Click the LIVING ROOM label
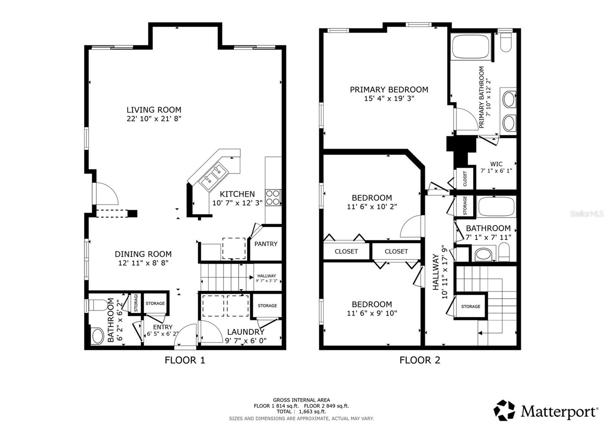point(154,110)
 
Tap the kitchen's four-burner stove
point(273,197)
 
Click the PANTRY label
point(266,244)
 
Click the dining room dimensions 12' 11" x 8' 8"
point(143,263)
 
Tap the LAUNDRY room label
point(245,332)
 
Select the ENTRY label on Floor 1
point(163,327)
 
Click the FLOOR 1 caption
point(185,360)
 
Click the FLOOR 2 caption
point(420,360)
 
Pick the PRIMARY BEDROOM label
point(389,90)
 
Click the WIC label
point(496,164)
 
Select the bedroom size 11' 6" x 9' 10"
point(372,313)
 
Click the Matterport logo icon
point(504,410)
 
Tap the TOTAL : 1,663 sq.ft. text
point(301,412)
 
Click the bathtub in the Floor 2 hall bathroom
point(496,207)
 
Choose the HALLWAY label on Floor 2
point(436,272)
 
